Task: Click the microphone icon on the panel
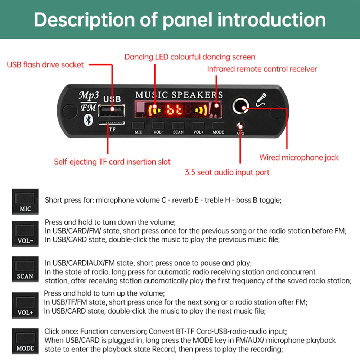[262, 100]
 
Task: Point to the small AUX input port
[240, 126]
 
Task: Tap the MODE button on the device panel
[218, 126]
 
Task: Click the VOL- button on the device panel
[158, 126]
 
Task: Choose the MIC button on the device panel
[138, 126]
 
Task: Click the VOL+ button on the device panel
[198, 126]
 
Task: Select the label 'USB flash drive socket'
[45, 65]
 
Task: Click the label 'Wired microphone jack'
[299, 157]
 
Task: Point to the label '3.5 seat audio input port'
[227, 172]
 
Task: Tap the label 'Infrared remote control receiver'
[262, 69]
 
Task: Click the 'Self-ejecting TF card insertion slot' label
[112, 162]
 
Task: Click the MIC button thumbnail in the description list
[25, 201]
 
